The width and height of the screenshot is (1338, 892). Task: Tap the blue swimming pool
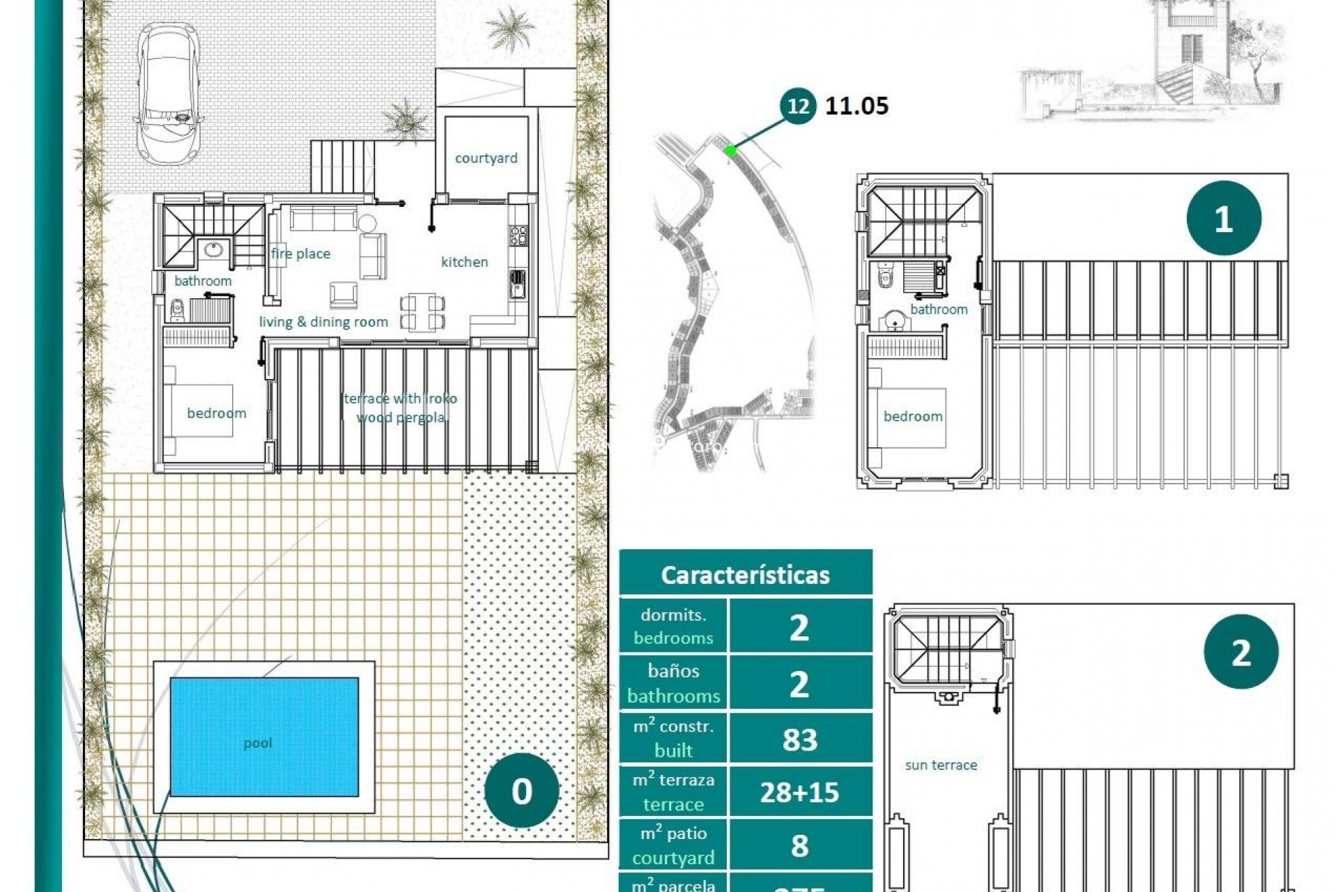click(264, 737)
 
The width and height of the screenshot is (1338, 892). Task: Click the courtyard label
click(486, 158)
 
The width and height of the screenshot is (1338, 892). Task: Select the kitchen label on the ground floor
click(464, 262)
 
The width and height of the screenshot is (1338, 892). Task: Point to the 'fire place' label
click(300, 254)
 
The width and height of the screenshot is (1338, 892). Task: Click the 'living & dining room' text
click(323, 322)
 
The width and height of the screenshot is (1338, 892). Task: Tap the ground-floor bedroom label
click(216, 413)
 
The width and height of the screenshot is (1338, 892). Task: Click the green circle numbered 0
click(521, 791)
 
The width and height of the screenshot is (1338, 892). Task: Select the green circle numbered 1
click(1223, 219)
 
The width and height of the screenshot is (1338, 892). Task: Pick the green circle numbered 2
click(1240, 652)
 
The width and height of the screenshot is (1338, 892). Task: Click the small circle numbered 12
click(798, 106)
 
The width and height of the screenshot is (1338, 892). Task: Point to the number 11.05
click(856, 106)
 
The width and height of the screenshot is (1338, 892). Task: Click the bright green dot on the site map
click(730, 150)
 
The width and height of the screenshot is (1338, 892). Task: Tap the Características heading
click(745, 575)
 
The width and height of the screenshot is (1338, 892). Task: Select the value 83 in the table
click(799, 739)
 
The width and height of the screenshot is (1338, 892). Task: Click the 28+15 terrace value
click(799, 792)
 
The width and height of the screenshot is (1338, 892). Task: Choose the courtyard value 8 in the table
click(799, 845)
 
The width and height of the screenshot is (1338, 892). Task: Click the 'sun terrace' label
click(941, 765)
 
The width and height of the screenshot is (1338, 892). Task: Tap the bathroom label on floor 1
click(939, 309)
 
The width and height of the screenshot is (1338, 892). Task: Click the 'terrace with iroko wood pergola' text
click(401, 408)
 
